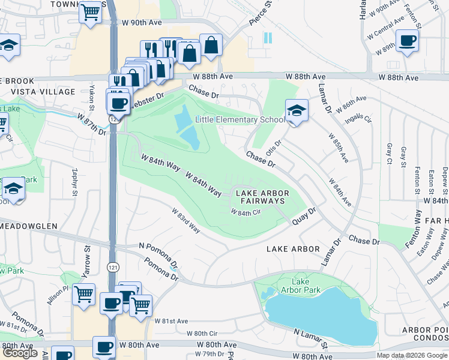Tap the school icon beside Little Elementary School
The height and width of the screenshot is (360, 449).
[x=295, y=111]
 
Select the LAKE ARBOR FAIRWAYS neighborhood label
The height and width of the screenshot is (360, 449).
[x=262, y=197]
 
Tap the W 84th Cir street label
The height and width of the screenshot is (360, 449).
[x=247, y=212]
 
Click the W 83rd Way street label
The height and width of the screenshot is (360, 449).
[x=185, y=221]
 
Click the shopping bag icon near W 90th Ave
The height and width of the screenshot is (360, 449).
[x=211, y=44]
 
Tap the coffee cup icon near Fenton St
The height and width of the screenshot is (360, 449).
[x=407, y=41]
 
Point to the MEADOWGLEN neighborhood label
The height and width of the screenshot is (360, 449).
[x=28, y=226]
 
